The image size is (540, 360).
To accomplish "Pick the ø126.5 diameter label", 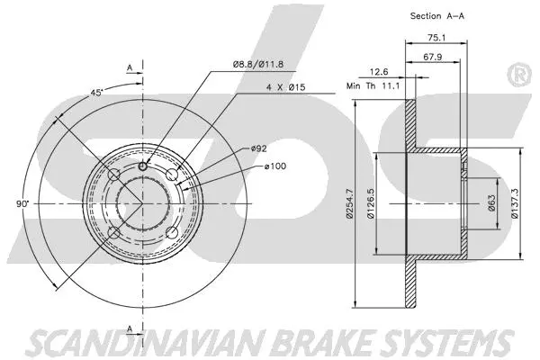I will pos(371,209).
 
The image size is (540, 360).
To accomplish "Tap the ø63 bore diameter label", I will pos(492,205).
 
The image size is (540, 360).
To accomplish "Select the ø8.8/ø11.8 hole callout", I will pos(258,63).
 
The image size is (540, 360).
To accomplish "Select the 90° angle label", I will pos(22,204).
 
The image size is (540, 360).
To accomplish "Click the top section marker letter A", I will pos(130,67).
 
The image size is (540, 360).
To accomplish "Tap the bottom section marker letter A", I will pos(130,327).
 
